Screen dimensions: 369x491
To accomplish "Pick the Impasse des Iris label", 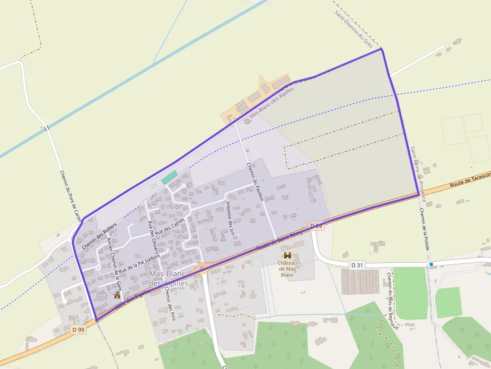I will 230,218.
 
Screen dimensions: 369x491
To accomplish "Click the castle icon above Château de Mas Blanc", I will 288,255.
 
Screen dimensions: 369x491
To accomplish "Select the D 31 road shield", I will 357,264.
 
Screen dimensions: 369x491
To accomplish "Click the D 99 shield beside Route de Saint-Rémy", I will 316,226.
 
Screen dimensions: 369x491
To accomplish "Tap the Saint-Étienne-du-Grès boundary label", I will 354,24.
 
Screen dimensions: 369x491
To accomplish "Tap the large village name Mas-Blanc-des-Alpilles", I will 168,279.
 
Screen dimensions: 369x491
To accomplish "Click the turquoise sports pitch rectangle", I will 169,177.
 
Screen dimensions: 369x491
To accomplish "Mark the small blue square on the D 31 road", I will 431,264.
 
